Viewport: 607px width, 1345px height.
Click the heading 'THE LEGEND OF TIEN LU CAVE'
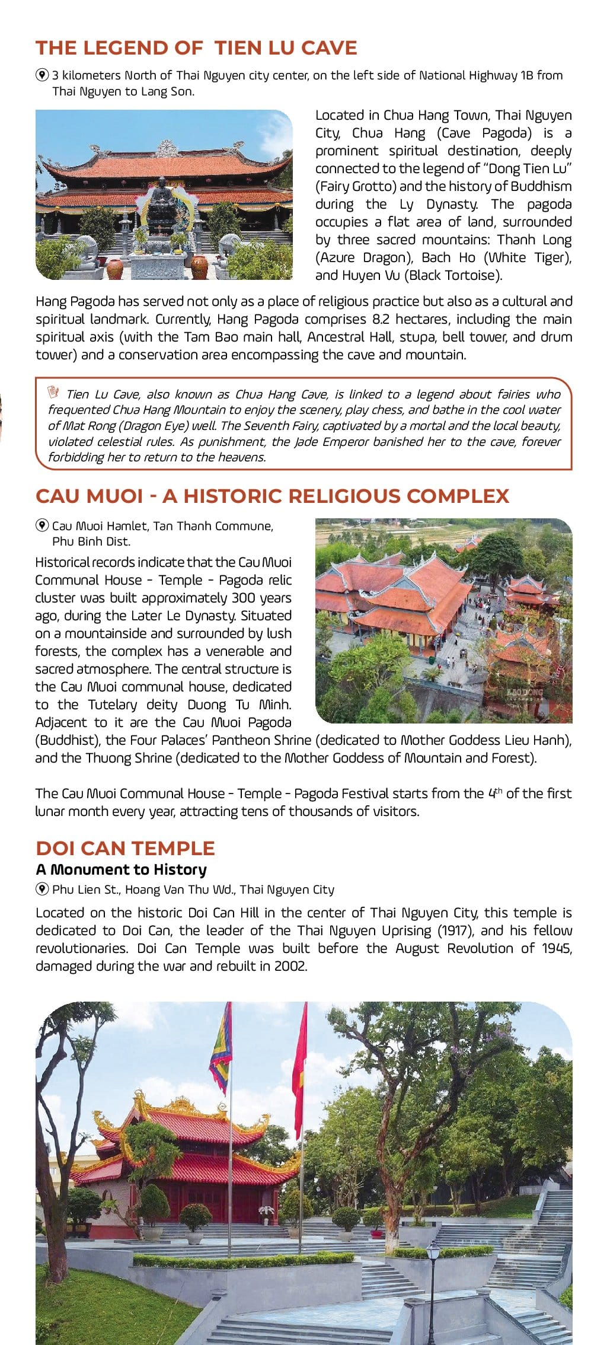[196, 47]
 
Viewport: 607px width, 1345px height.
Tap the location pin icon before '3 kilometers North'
[42, 75]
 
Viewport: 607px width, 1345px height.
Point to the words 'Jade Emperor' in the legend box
[339, 442]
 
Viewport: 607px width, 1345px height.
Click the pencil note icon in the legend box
[54, 392]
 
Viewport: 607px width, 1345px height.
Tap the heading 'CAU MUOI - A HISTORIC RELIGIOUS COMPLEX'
[272, 496]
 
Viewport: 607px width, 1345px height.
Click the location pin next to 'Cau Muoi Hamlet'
[42, 525]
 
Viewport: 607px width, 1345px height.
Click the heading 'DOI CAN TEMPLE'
[125, 848]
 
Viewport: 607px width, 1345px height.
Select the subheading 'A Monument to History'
[121, 869]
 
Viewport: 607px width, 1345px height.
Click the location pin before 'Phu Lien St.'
[42, 889]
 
